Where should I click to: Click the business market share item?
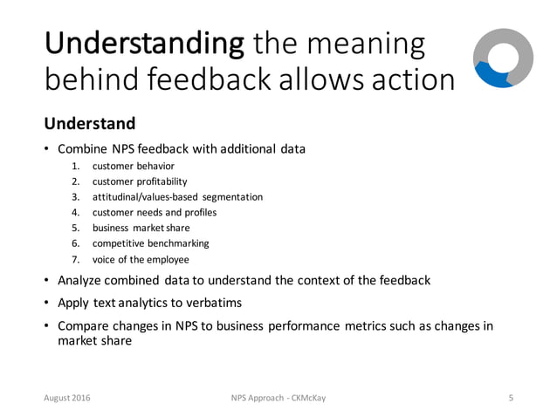tap(142, 228)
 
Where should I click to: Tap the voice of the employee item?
tap(142, 259)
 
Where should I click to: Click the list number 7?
tap(75, 259)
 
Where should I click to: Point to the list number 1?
tap(75, 166)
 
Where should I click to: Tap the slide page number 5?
tap(510, 398)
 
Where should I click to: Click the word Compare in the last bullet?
tap(85, 326)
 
